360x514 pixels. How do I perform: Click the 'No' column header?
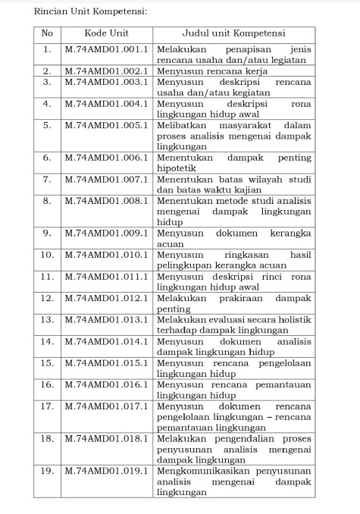click(x=47, y=33)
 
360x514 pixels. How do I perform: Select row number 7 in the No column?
click(x=47, y=180)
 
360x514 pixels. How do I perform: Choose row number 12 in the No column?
click(x=47, y=298)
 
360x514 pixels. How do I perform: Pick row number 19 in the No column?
click(x=47, y=471)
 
